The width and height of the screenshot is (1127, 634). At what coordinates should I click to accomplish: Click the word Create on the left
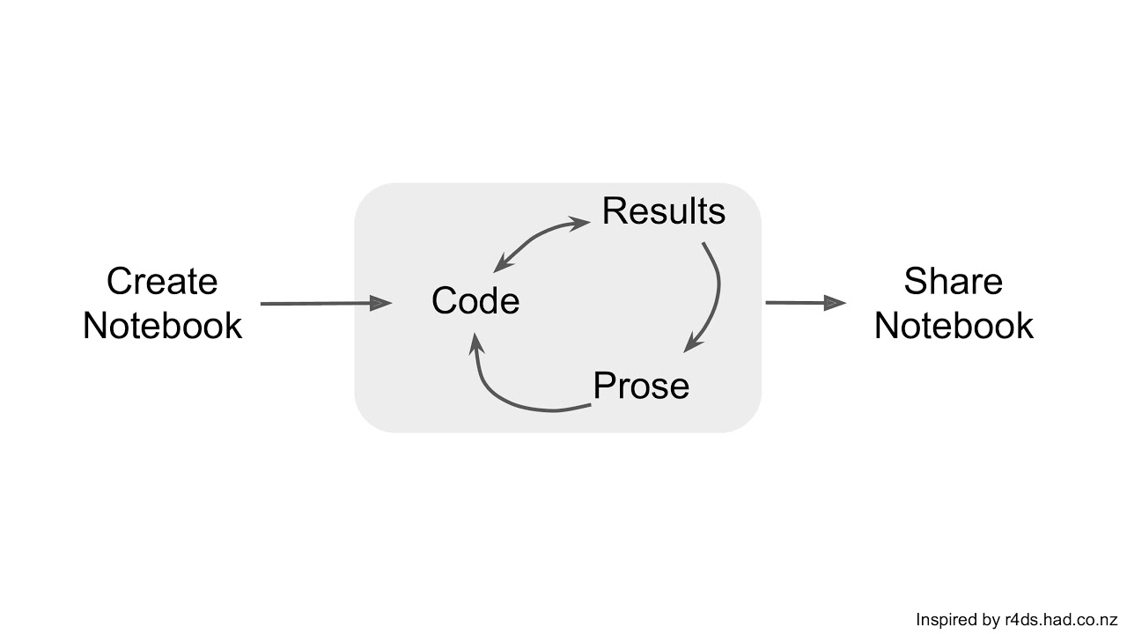coord(162,282)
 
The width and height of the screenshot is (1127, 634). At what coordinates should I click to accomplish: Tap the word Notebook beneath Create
coord(162,326)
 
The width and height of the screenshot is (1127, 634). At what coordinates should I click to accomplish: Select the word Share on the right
coord(953,282)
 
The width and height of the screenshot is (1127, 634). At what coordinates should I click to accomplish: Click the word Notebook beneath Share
coord(953,326)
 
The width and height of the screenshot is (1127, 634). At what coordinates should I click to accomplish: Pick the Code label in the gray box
coord(475,301)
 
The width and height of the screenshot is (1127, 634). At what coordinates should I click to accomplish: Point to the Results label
coord(663,211)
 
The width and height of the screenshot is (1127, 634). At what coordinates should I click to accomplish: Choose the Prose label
coord(641,386)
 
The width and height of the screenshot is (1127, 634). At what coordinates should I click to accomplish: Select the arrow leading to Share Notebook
coord(801,303)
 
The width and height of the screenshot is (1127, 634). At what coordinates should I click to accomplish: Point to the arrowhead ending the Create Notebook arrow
coord(381,304)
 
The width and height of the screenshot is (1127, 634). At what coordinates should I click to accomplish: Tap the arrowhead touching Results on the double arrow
coord(580,223)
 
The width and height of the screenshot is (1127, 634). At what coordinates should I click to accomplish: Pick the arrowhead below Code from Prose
coord(475,341)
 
